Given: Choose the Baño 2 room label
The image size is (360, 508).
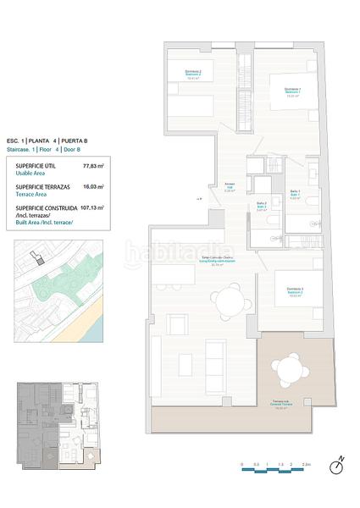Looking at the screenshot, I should tap(262, 207).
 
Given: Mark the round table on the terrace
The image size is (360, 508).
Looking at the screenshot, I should tap(285, 369).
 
